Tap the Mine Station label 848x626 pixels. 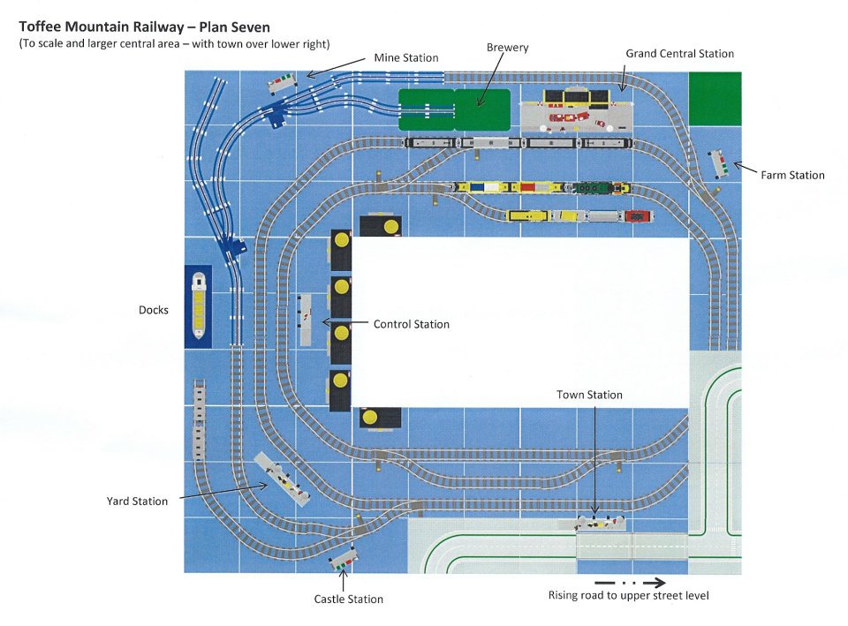click(406, 57)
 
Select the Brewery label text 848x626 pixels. click(507, 48)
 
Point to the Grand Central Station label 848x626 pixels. click(679, 54)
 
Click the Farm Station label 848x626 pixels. click(792, 175)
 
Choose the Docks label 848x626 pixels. click(153, 310)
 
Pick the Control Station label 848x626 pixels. click(411, 324)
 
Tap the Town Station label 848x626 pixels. click(589, 395)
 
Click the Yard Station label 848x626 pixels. click(137, 502)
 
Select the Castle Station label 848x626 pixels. click(348, 599)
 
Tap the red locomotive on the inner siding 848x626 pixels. click(638, 215)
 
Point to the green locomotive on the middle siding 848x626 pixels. click(587, 187)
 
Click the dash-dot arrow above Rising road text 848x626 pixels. click(630, 582)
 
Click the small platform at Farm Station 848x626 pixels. click(718, 164)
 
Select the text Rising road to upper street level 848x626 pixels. click(628, 596)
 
